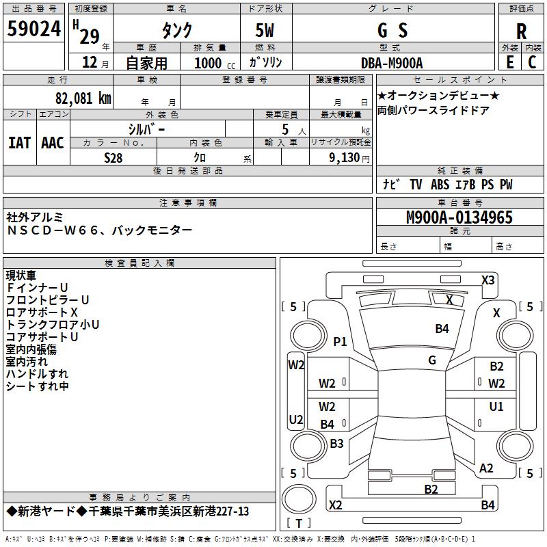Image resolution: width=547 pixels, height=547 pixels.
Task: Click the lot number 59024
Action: (34, 28)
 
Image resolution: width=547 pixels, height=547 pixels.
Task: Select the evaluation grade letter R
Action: (521, 31)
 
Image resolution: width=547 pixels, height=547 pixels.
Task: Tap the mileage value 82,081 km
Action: (83, 98)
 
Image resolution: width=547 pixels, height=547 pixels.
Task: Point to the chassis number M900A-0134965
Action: (459, 217)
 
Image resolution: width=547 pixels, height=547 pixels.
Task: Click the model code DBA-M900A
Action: (392, 63)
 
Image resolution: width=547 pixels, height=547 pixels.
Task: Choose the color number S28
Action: (114, 158)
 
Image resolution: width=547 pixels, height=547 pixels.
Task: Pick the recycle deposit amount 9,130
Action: (345, 158)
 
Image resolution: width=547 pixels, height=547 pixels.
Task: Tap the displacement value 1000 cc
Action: (215, 63)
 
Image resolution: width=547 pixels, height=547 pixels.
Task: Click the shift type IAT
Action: (20, 143)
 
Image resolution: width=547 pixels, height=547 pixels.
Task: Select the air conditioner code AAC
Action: (53, 143)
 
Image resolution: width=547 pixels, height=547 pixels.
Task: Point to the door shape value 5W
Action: (265, 30)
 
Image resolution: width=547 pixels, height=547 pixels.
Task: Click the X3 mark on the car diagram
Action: (488, 280)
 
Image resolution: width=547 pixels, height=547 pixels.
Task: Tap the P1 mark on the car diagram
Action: (340, 341)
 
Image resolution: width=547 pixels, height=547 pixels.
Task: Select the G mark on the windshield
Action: (432, 360)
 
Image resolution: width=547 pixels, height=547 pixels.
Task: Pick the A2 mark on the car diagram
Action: (486, 468)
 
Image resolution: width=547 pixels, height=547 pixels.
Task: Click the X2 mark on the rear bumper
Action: (335, 505)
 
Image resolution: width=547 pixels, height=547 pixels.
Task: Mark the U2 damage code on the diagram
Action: (296, 419)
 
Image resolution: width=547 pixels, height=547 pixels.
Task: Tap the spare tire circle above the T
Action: (299, 499)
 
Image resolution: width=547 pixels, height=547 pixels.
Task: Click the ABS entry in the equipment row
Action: (440, 185)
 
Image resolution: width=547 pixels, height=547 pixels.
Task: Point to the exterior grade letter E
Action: (510, 62)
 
